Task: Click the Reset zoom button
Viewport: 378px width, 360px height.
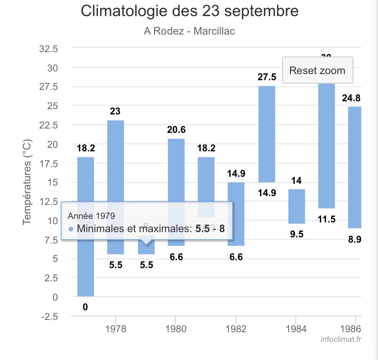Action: click(x=317, y=70)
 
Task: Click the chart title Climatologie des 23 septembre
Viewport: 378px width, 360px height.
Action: click(x=190, y=11)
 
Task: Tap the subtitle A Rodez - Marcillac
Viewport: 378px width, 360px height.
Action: click(x=189, y=31)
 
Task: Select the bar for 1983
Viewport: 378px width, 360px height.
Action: click(x=267, y=134)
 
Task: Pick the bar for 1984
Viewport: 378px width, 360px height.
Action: click(x=297, y=206)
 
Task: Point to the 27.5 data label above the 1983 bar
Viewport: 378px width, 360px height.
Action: click(x=267, y=77)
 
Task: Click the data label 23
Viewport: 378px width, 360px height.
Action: click(x=115, y=111)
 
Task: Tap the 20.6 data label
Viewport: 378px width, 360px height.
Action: click(x=176, y=130)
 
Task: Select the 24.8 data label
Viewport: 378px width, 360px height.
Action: click(x=351, y=98)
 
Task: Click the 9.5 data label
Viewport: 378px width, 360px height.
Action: click(x=297, y=234)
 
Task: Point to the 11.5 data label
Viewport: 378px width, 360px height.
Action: click(x=326, y=219)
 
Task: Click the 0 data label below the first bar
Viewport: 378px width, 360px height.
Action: click(x=85, y=307)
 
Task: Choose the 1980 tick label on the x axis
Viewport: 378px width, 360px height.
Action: click(x=176, y=329)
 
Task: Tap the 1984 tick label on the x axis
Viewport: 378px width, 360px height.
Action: click(x=296, y=329)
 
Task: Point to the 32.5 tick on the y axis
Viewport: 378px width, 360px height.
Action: click(x=49, y=49)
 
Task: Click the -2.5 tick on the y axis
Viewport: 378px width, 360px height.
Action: click(x=50, y=317)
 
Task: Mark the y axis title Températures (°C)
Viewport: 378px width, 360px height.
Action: click(x=27, y=182)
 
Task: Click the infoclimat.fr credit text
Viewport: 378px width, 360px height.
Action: click(x=341, y=339)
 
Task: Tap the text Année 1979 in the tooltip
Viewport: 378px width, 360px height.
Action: click(x=91, y=216)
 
